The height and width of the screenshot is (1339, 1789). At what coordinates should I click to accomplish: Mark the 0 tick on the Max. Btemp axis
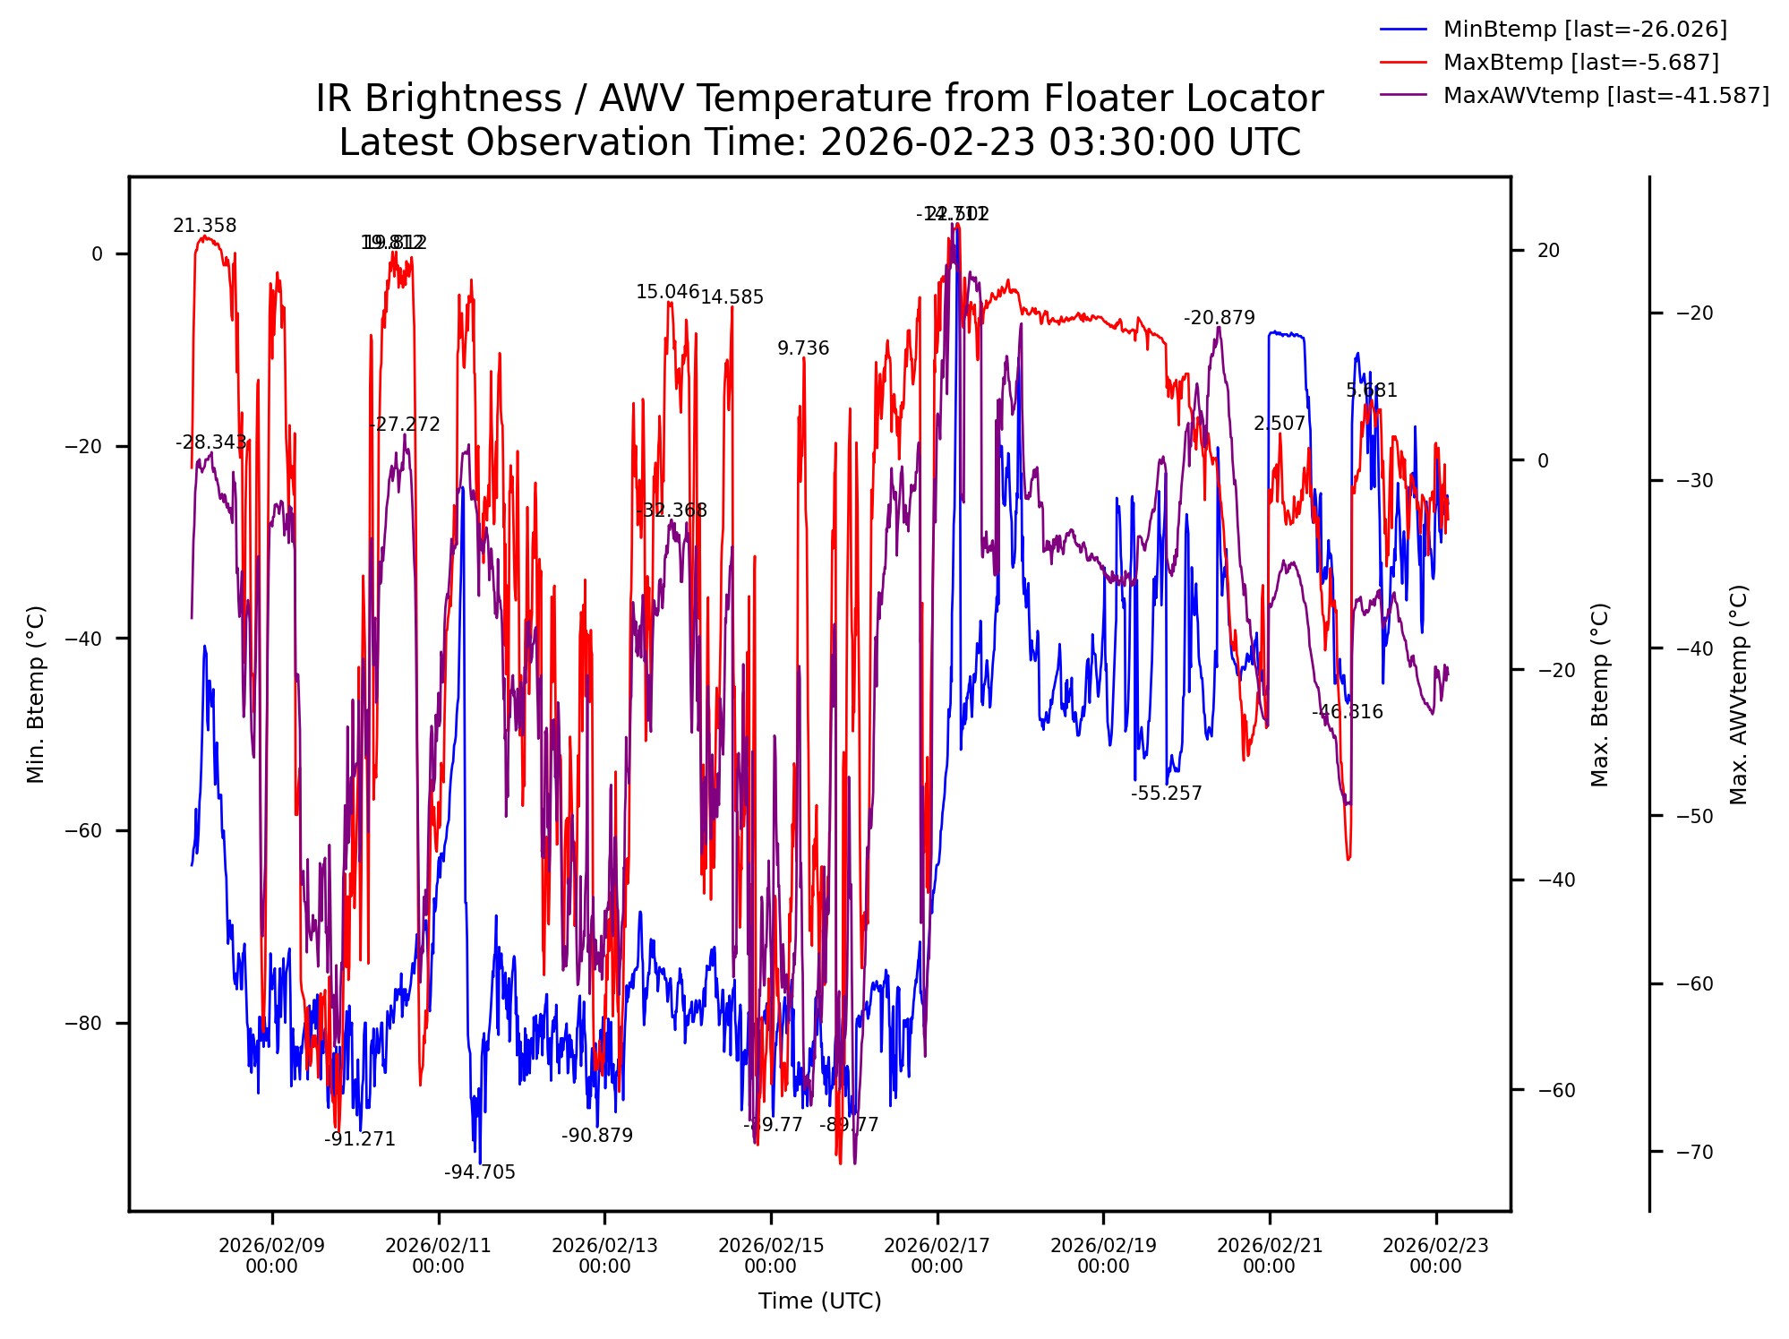[x=1543, y=460]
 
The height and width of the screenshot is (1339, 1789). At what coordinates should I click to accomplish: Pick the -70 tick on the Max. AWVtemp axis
[x=1695, y=1152]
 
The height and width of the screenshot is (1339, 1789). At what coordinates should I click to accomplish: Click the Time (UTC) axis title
[x=819, y=1301]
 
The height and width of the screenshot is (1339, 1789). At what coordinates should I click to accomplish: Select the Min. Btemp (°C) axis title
[x=36, y=694]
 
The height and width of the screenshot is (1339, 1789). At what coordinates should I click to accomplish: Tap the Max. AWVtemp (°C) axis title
[x=1739, y=694]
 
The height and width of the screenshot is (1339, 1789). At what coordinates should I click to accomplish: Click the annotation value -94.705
[x=480, y=1172]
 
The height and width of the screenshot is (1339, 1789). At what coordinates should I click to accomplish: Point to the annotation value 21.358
[x=205, y=226]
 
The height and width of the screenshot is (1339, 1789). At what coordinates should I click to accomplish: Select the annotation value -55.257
[x=1166, y=794]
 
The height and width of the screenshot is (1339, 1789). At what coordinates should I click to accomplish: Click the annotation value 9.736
[x=803, y=348]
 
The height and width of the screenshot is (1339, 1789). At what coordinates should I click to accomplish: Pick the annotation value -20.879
[x=1219, y=318]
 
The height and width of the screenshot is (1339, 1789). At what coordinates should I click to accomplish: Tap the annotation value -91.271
[x=360, y=1139]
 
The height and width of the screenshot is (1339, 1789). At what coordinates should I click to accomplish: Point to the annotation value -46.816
[x=1347, y=712]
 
